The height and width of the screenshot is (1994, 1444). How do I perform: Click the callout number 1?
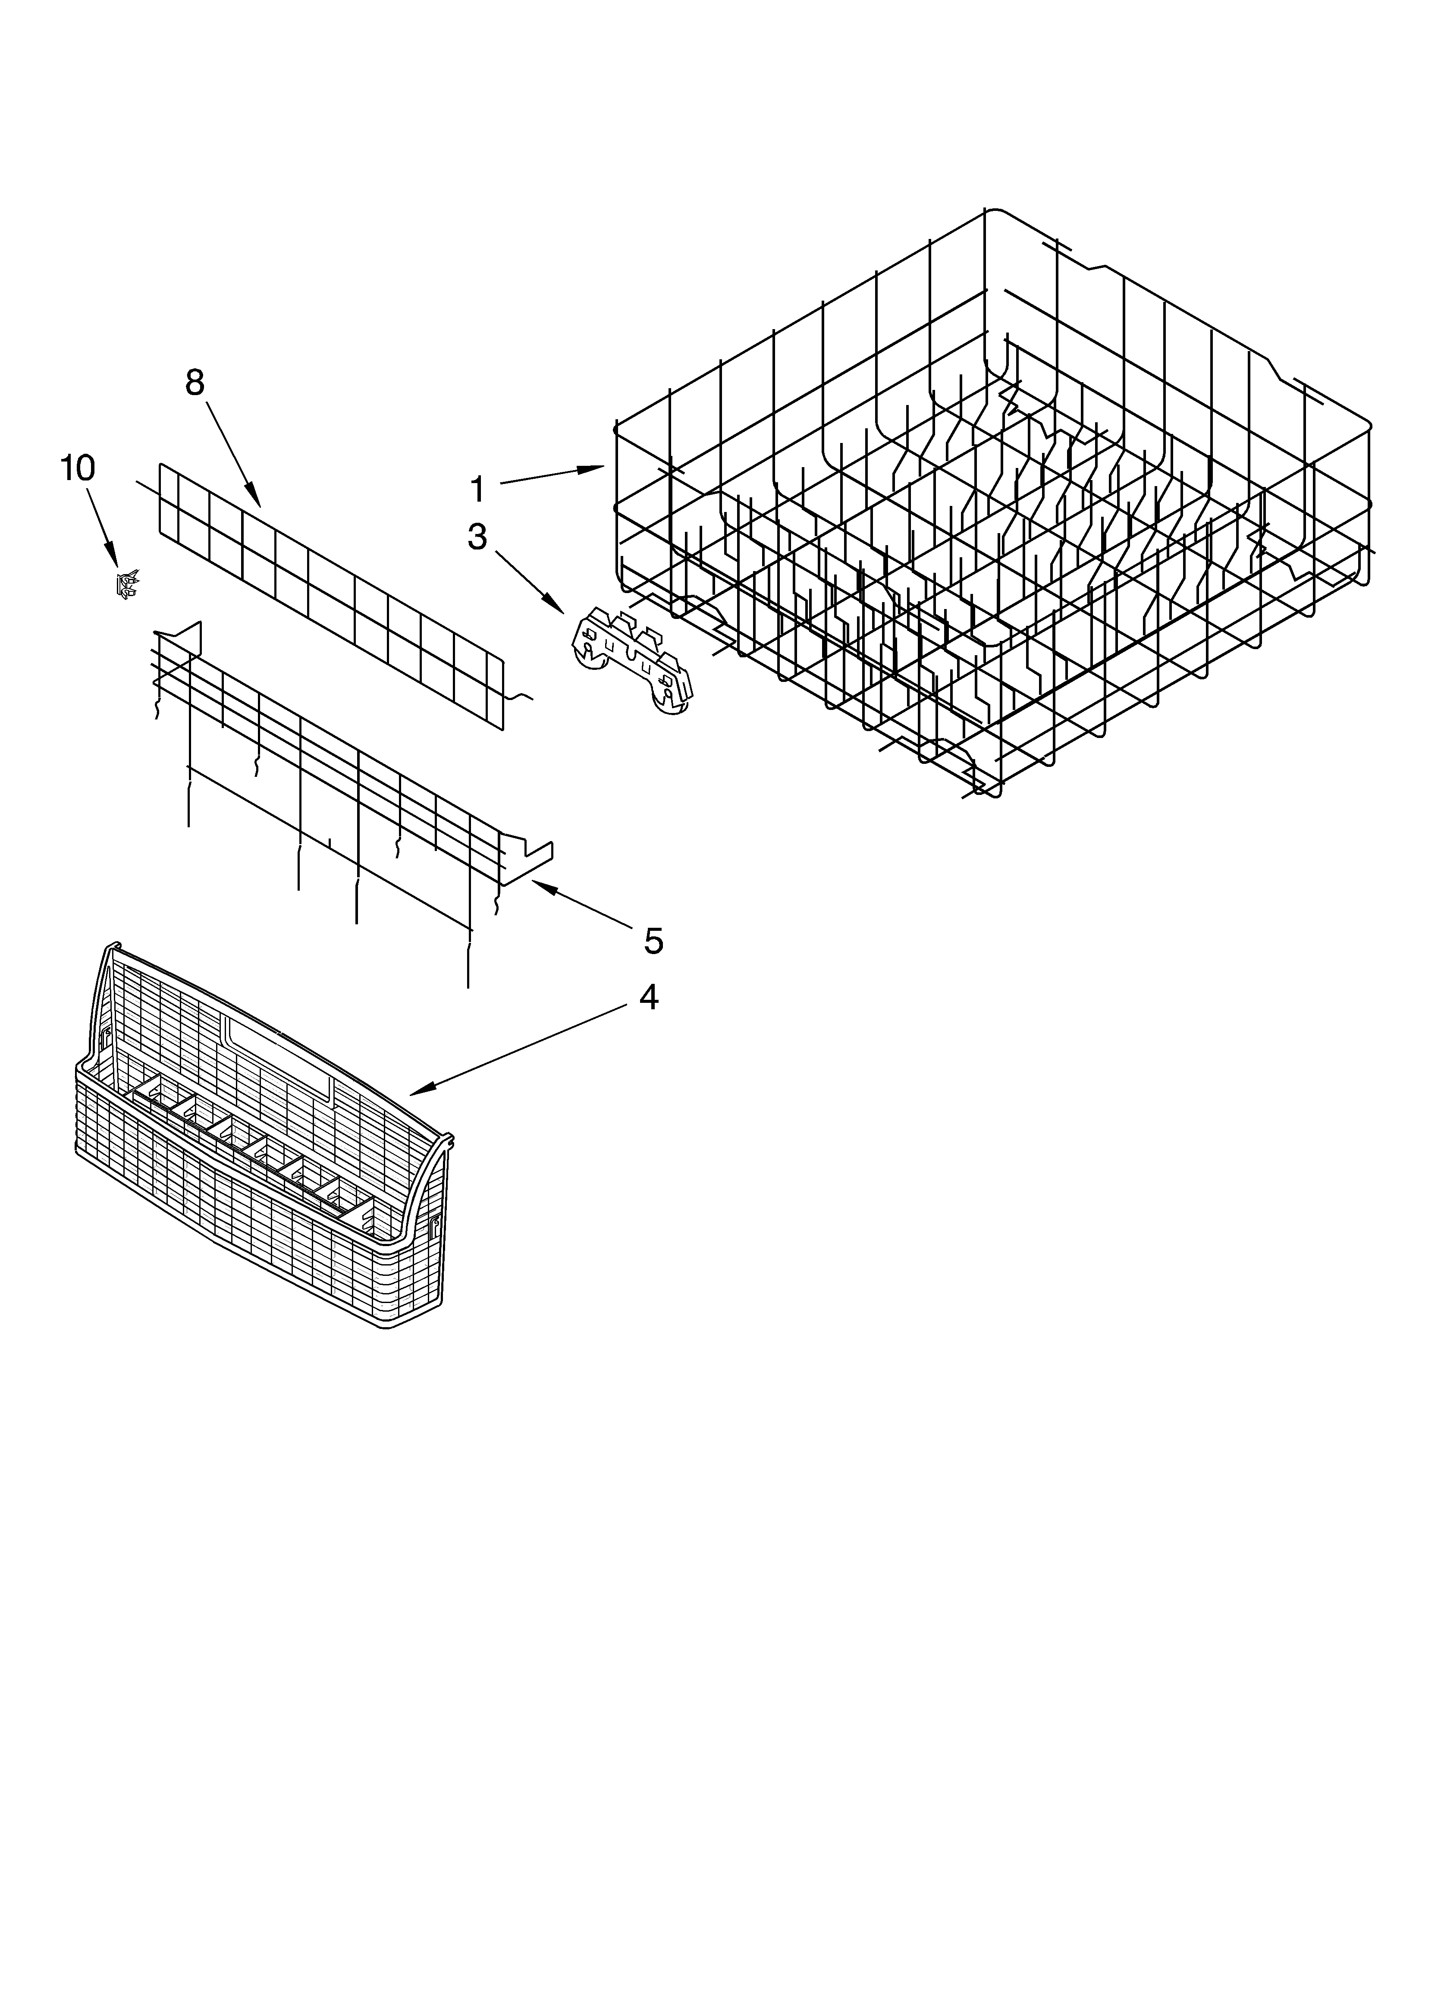click(x=477, y=489)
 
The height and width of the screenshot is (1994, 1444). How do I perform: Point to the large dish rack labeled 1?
click(x=994, y=501)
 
